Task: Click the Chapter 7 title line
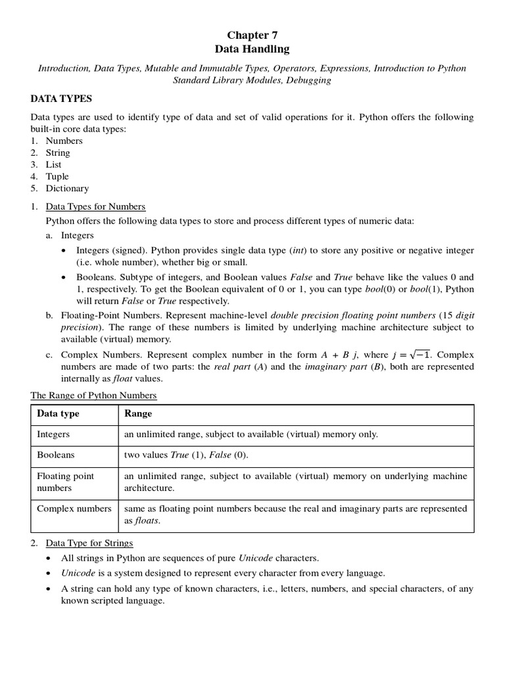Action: tap(252, 35)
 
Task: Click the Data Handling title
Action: tap(252, 49)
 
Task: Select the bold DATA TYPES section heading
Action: tap(62, 99)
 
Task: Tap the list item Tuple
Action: tap(57, 176)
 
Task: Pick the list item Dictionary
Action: tap(66, 188)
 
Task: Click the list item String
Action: tap(58, 152)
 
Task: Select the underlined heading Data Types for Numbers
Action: tap(95, 206)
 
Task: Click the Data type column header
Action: tap(58, 413)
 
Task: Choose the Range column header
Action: tap(138, 413)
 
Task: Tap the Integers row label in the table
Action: tap(53, 434)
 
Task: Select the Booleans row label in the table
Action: tap(55, 455)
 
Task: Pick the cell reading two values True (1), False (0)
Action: tap(187, 455)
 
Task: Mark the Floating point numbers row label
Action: tap(65, 482)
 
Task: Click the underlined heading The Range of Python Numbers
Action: tap(94, 395)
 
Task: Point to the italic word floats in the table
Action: tap(147, 521)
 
